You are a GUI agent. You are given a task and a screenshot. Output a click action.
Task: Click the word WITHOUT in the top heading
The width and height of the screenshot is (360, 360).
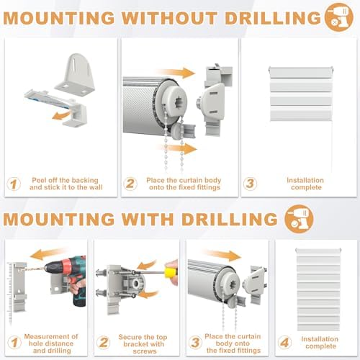[x=169, y=18]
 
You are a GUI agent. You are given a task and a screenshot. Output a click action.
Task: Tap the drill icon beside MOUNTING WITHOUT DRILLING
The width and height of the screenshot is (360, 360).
[x=338, y=17]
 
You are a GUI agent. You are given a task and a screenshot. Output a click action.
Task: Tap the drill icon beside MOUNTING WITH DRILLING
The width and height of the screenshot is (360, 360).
[x=299, y=219]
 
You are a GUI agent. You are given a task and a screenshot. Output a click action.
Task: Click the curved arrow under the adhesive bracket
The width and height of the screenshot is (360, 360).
[x=61, y=115]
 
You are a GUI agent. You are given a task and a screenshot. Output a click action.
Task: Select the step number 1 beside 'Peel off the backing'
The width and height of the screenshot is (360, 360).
[x=14, y=184]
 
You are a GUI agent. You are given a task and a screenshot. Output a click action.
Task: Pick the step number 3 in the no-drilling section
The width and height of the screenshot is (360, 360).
[x=250, y=184]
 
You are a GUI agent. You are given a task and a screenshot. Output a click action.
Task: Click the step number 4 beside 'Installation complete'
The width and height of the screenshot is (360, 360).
[x=284, y=342]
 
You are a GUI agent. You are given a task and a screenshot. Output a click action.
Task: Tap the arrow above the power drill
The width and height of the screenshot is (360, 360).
[x=48, y=254]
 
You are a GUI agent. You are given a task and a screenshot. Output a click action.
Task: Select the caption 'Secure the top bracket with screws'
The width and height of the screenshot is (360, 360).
[x=143, y=344]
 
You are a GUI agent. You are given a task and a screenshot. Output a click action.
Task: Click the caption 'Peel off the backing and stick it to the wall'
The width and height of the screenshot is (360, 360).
[x=66, y=184]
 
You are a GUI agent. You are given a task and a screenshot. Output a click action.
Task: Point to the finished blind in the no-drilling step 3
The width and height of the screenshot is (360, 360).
[x=301, y=94]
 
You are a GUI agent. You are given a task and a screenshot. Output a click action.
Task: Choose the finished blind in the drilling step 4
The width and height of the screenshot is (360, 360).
[x=318, y=289]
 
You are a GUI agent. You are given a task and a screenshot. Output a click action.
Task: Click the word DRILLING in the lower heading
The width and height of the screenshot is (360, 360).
[x=230, y=219]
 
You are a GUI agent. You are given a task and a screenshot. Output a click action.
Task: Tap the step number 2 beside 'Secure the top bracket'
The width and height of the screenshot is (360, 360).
[x=103, y=342]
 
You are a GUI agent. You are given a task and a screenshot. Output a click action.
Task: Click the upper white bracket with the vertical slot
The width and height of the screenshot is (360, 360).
[x=75, y=73]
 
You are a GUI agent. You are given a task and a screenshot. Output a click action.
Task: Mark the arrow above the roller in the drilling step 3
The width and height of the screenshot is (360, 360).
[x=222, y=256]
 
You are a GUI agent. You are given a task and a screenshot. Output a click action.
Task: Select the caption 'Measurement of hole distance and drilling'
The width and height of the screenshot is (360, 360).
[x=51, y=343]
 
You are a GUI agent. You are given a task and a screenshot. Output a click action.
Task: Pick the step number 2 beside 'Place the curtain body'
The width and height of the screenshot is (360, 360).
[x=130, y=184]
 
